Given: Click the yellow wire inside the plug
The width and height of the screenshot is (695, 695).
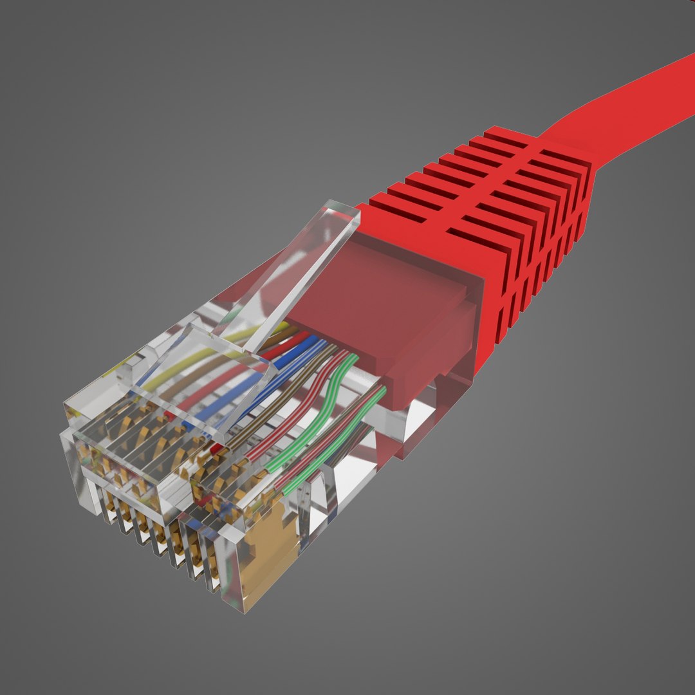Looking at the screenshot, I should pos(193,367).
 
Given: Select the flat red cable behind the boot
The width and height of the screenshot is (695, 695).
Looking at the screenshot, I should pos(631,109).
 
